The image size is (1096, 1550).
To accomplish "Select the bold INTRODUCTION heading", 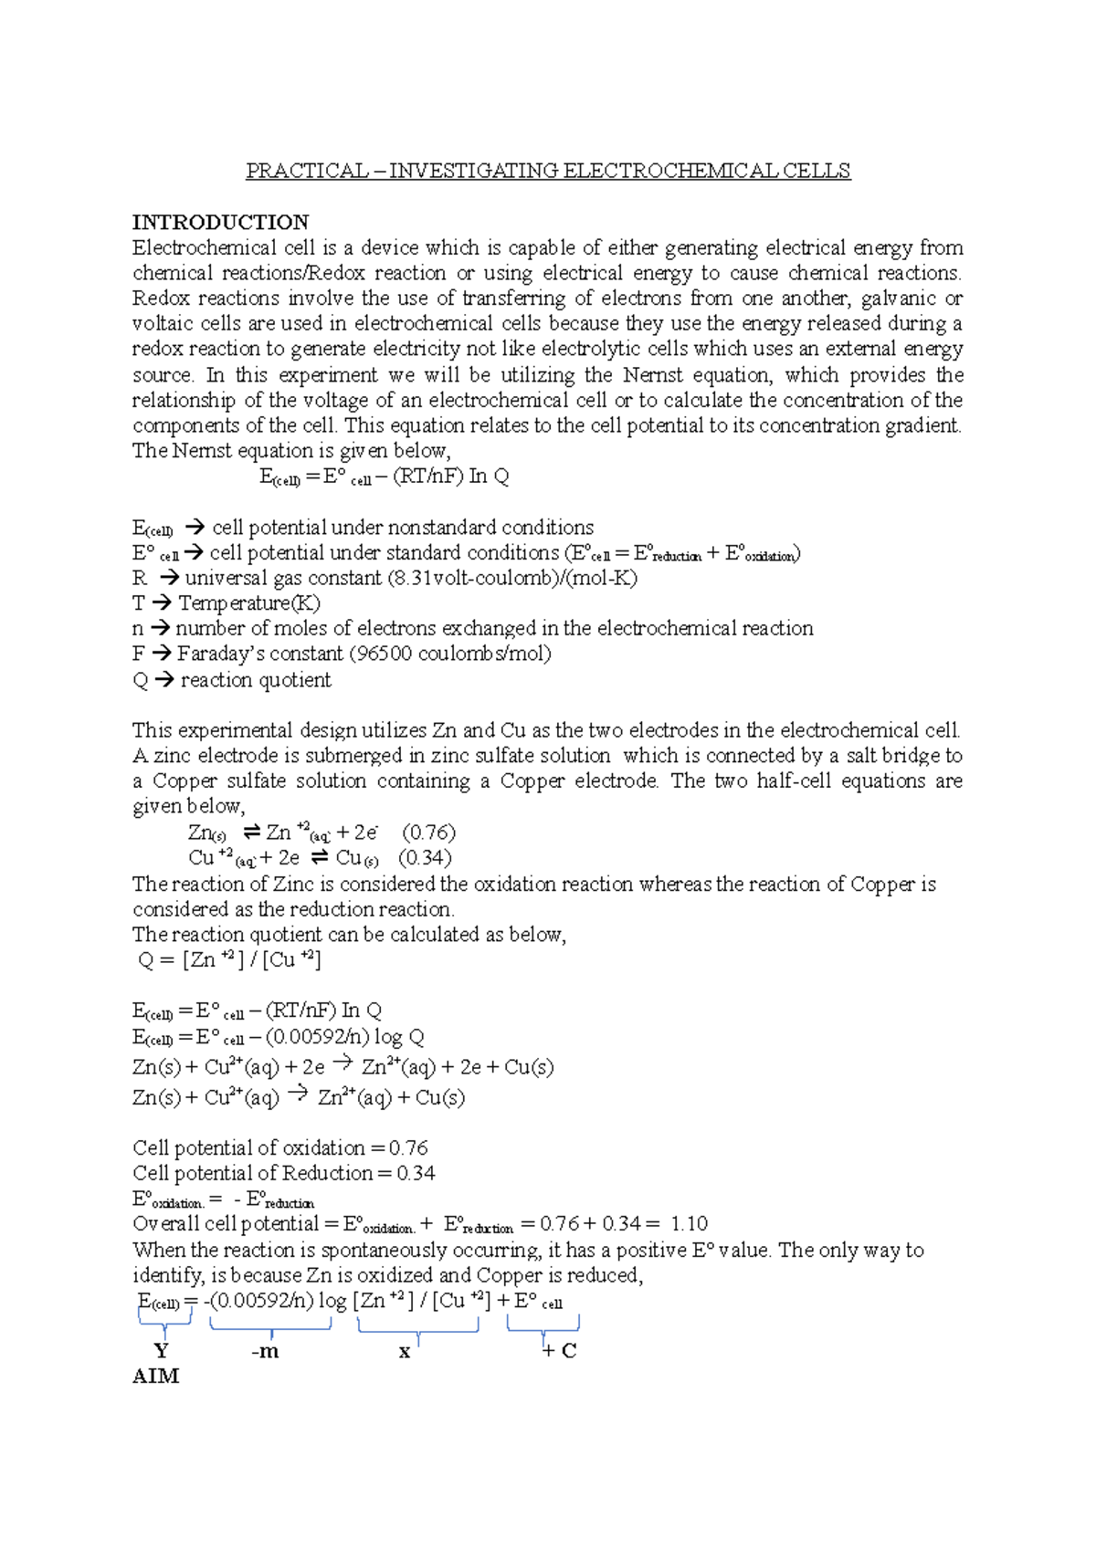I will tap(220, 222).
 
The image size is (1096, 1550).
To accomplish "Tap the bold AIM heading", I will tap(156, 1376).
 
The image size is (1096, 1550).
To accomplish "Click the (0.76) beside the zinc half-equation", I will tap(428, 833).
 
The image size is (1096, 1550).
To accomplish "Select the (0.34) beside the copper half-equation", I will tap(425, 858).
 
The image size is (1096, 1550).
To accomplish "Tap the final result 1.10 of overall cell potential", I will tap(689, 1224).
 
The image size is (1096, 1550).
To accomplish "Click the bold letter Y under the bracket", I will tap(162, 1350).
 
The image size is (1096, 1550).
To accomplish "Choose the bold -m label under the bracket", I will tap(265, 1351).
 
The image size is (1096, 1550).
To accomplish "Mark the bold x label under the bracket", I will tap(405, 1352).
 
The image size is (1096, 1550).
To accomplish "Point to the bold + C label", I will tap(559, 1351).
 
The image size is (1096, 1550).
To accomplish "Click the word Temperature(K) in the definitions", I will tap(249, 603).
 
